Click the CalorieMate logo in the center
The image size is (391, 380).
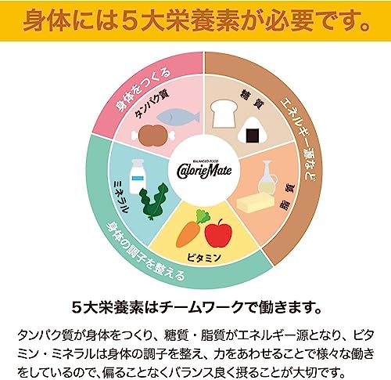click(204, 169)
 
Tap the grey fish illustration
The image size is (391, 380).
click(178, 118)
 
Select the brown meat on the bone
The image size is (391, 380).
click(152, 135)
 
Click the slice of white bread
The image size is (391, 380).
click(224, 114)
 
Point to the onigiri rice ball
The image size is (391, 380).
click(253, 132)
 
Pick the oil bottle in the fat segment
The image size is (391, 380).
click(267, 178)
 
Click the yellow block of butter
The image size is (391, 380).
click(256, 203)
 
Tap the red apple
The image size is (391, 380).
click(218, 233)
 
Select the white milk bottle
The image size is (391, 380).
click(138, 176)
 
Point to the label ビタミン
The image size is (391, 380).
click(204, 258)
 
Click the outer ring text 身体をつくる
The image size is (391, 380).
click(143, 89)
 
